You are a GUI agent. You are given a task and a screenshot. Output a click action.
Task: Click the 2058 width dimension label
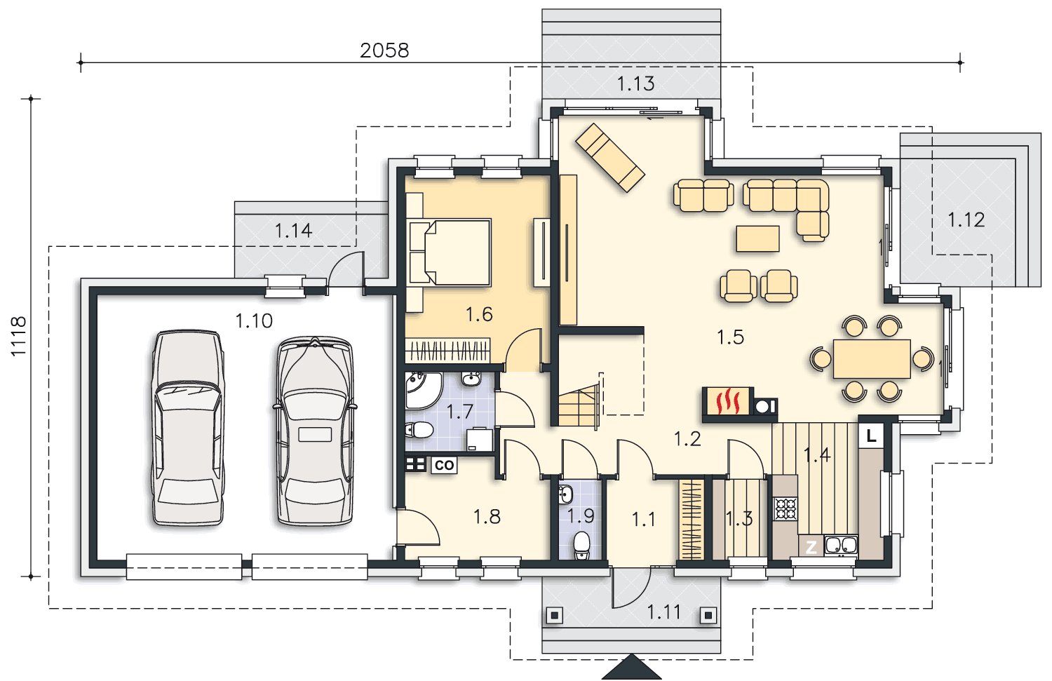[x=384, y=50]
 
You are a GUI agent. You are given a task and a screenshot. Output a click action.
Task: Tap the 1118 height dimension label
[x=19, y=336]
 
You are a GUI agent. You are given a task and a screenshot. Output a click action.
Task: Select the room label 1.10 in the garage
[x=254, y=321]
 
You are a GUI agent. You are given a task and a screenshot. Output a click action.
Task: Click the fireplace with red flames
[x=728, y=402]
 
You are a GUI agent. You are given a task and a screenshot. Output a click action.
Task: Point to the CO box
[x=444, y=465]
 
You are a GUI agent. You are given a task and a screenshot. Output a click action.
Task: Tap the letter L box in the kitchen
[x=871, y=436]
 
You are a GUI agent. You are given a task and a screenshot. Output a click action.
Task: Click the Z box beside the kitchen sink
[x=811, y=546]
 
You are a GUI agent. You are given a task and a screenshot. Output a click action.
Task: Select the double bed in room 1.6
[x=450, y=252]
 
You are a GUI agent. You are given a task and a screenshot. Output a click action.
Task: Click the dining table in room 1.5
[x=872, y=359]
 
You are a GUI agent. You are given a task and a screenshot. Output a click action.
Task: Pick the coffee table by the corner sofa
[x=757, y=238]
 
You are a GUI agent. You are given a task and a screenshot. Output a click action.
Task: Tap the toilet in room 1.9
[x=581, y=545]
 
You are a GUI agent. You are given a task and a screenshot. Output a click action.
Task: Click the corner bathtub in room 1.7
[x=423, y=391]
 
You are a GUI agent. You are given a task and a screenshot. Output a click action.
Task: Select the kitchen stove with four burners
[x=785, y=508]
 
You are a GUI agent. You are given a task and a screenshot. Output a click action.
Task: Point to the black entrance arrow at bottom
[x=631, y=667]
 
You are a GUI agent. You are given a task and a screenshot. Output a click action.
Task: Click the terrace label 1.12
[x=966, y=220]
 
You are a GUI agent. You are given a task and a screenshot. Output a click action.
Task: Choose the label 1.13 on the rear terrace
[x=635, y=83]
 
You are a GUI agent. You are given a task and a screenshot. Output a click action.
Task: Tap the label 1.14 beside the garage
[x=293, y=231]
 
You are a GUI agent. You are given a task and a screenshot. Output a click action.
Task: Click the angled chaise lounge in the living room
[x=610, y=157]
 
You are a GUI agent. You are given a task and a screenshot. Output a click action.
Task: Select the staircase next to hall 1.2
[x=579, y=405]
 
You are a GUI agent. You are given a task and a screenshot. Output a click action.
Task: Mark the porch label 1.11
[x=663, y=612]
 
